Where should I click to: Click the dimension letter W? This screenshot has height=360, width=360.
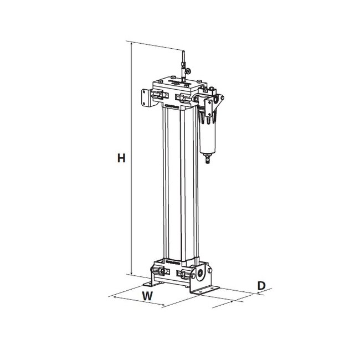point(147,296)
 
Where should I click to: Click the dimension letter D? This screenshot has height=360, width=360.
point(263,286)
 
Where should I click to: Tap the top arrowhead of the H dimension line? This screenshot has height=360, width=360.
point(132,44)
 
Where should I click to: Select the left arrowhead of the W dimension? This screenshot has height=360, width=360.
point(115,297)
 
